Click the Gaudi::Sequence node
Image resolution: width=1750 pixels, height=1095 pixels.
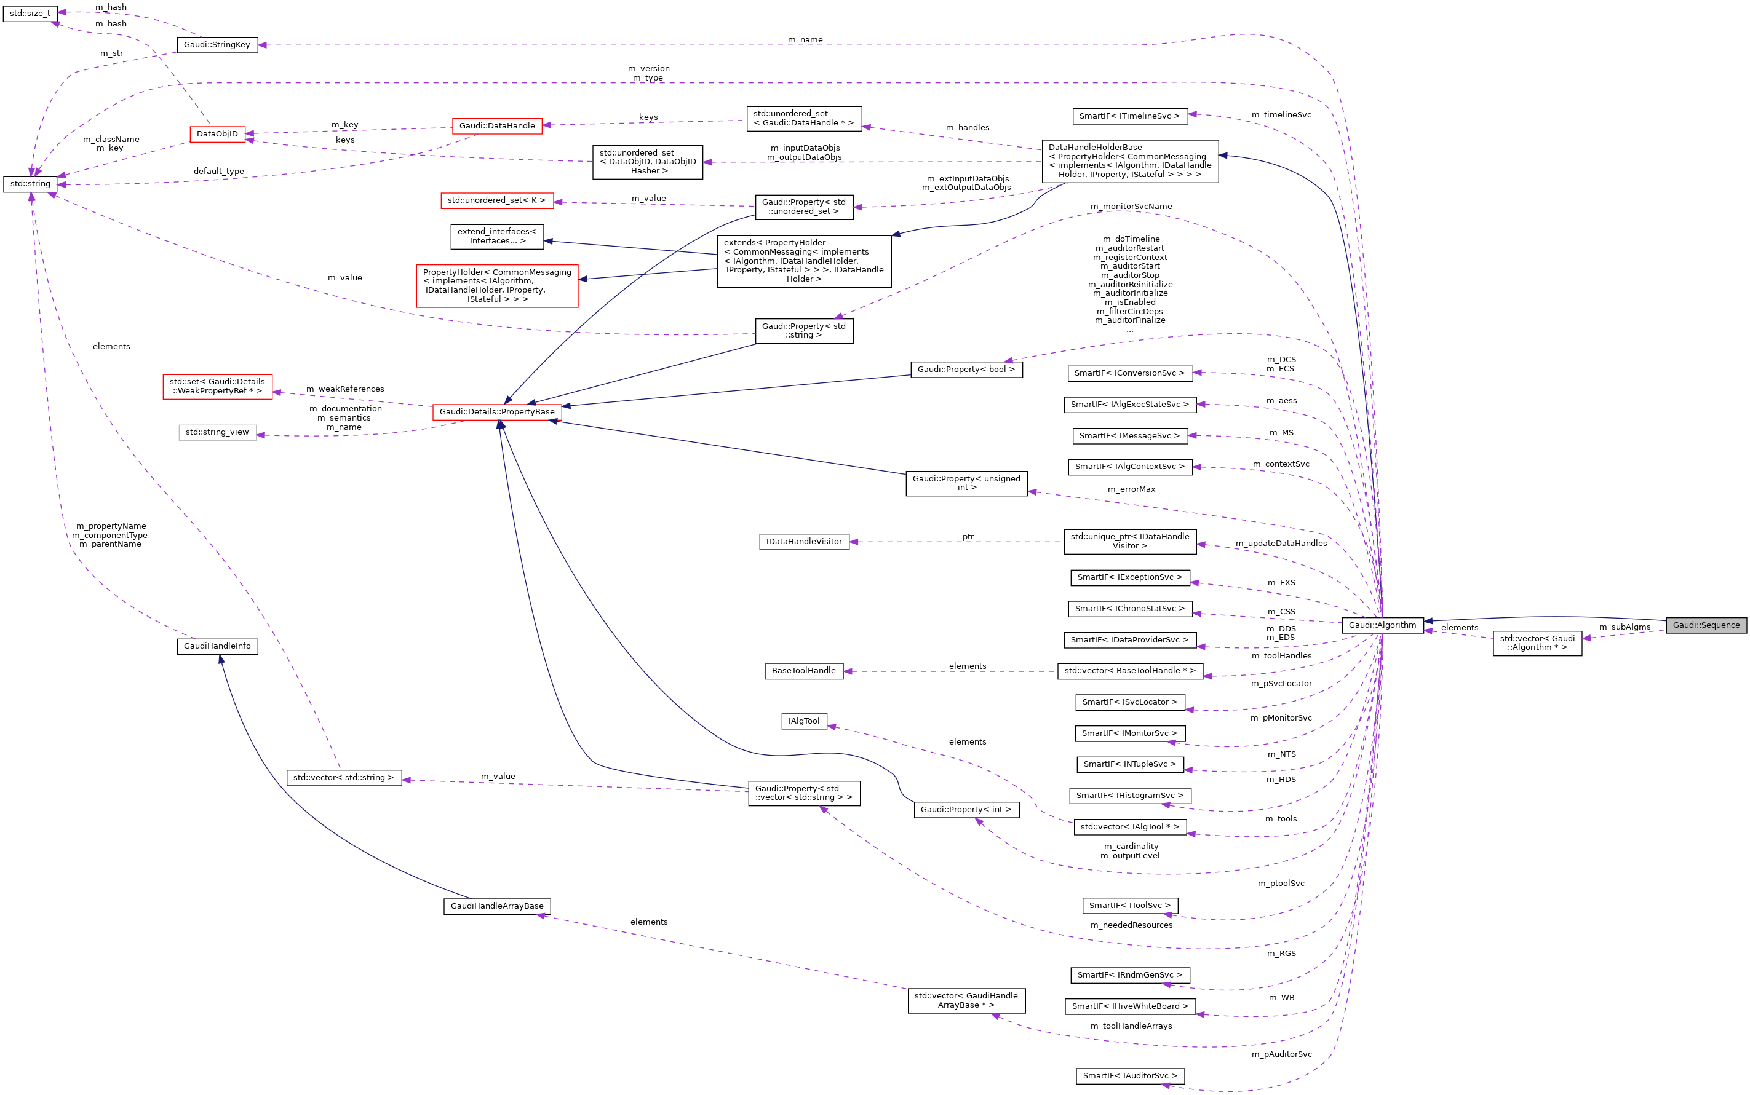click(1705, 625)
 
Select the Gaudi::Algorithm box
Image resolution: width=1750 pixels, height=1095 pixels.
click(1382, 625)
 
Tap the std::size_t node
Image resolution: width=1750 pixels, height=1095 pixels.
click(30, 13)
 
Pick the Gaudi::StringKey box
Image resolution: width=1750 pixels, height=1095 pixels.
click(217, 45)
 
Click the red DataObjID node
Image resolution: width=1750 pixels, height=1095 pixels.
click(217, 134)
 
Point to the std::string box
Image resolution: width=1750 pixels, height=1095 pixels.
click(30, 184)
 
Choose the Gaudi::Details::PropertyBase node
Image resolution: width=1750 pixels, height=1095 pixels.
click(497, 412)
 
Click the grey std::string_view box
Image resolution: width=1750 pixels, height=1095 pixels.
click(217, 432)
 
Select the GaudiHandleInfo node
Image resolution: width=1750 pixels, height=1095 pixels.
click(217, 646)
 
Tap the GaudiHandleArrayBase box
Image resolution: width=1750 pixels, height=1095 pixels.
click(497, 906)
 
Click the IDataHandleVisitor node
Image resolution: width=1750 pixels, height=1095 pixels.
click(804, 542)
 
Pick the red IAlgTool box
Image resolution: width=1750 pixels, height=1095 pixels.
click(804, 721)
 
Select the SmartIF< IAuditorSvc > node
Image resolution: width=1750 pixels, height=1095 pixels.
click(1130, 1076)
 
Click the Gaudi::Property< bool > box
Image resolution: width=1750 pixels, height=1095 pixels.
click(966, 370)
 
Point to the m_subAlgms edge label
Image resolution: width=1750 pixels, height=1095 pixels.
click(1625, 627)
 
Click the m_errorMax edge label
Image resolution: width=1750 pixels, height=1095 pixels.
click(1131, 489)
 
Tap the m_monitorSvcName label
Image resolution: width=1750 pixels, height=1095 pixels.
click(1131, 207)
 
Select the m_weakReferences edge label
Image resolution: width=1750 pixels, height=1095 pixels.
click(345, 389)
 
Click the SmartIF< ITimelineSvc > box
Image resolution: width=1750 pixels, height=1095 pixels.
click(1129, 116)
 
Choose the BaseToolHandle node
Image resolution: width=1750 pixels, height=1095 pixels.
click(804, 671)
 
